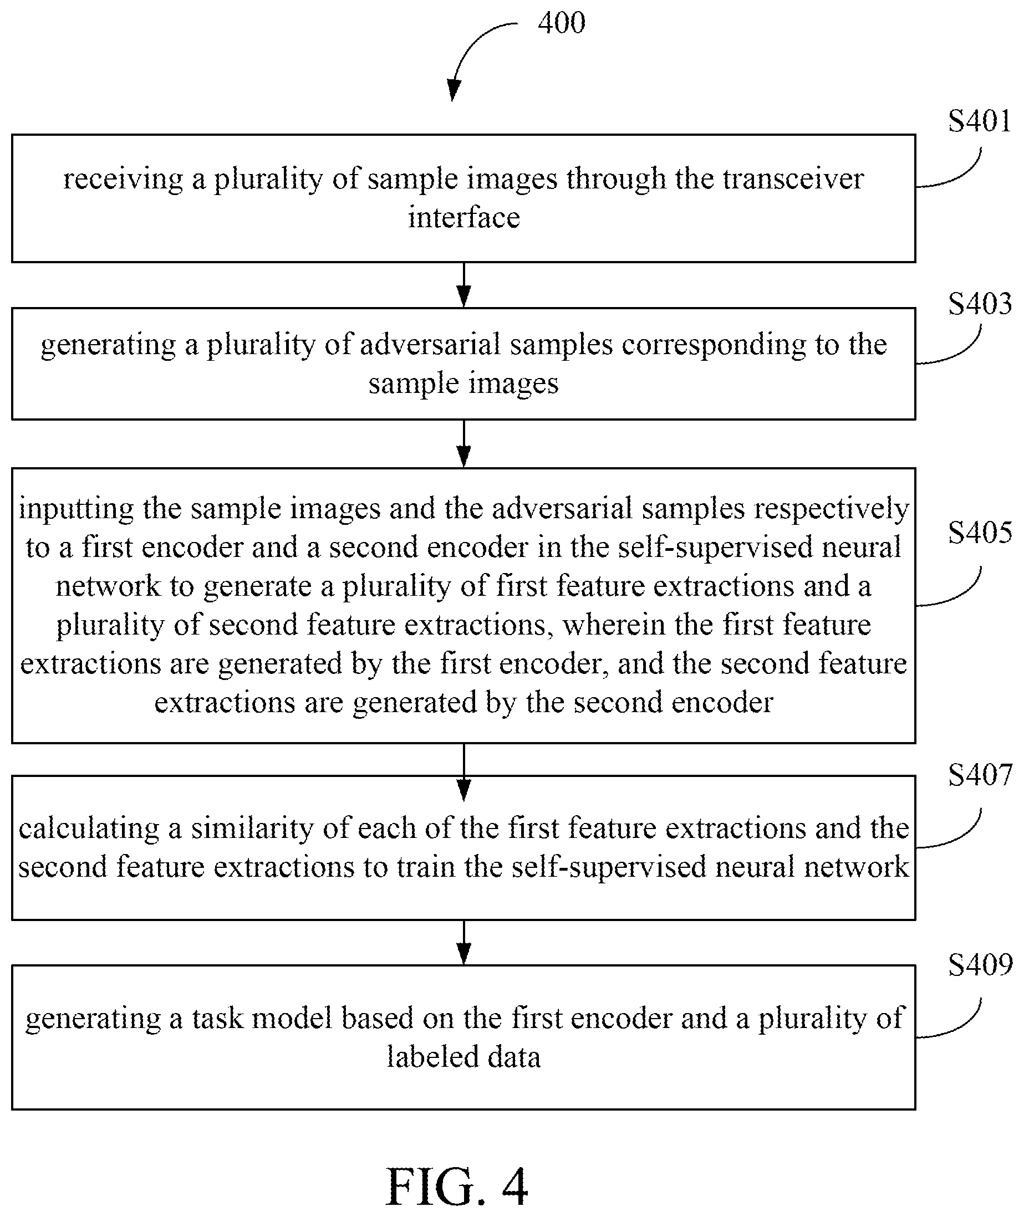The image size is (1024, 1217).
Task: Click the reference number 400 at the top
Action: pyautogui.click(x=561, y=23)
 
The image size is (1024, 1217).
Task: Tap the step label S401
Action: pyautogui.click(x=980, y=121)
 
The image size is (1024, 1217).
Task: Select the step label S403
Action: pyautogui.click(x=980, y=304)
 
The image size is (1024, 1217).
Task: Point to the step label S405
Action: pyautogui.click(x=980, y=532)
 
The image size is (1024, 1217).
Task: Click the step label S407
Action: pyautogui.click(x=980, y=775)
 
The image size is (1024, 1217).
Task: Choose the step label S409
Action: pyautogui.click(x=980, y=964)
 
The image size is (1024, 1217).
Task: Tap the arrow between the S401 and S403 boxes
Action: pyautogui.click(x=464, y=285)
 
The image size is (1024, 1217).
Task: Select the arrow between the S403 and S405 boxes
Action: pyautogui.click(x=464, y=444)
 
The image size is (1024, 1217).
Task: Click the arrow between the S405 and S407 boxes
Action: pyautogui.click(x=464, y=773)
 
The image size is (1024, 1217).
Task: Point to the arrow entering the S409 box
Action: pyautogui.click(x=464, y=943)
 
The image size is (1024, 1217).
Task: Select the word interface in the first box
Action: pyautogui.click(x=464, y=218)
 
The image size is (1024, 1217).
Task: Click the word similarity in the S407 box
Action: pyautogui.click(x=252, y=829)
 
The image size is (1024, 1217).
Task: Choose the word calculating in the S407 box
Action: pyautogui.click(x=89, y=829)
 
